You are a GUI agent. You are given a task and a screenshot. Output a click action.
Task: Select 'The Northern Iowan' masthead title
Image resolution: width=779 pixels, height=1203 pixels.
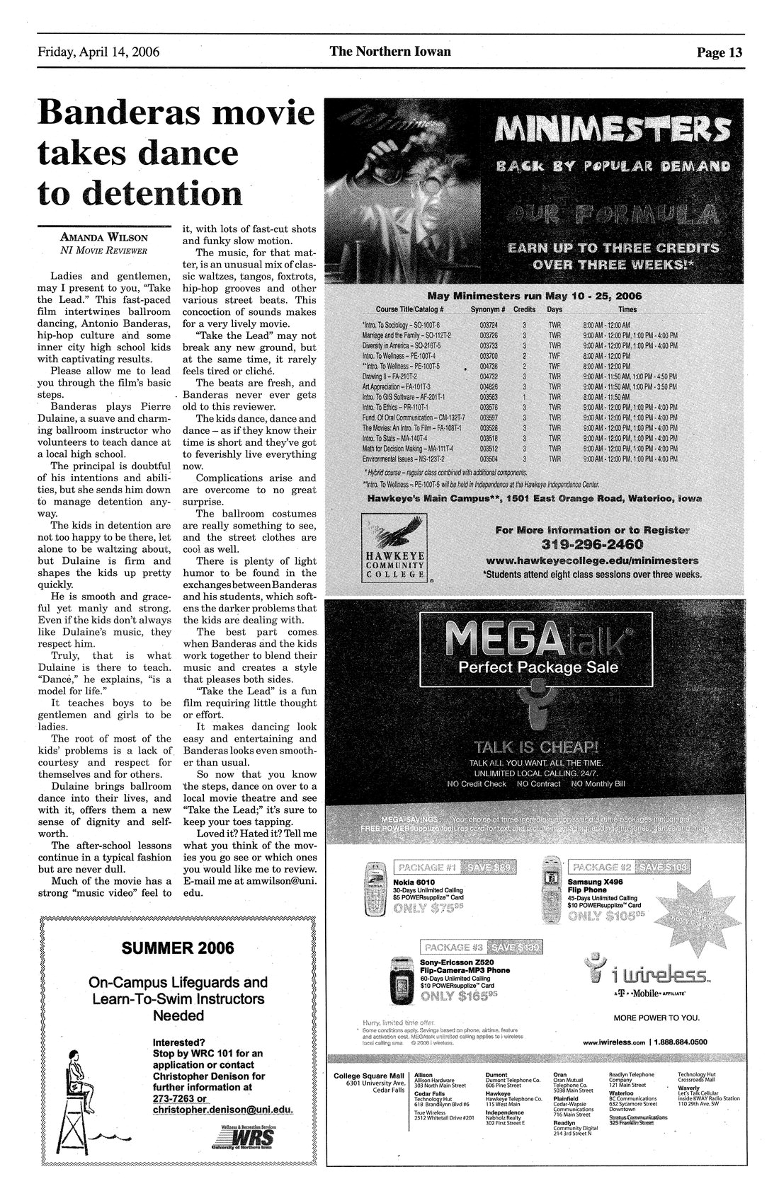click(x=389, y=52)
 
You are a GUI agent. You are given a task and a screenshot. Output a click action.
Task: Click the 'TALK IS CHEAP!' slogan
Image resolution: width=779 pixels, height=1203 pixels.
click(x=537, y=747)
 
